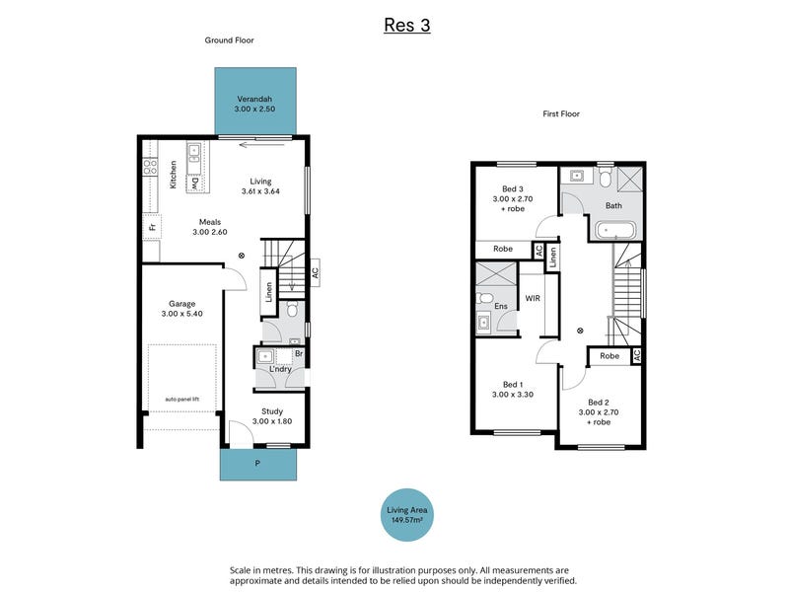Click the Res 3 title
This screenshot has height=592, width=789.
pyautogui.click(x=407, y=25)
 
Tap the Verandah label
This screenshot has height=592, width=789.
pyautogui.click(x=254, y=99)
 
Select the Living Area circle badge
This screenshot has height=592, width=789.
pyautogui.click(x=406, y=514)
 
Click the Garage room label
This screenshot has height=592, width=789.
pyautogui.click(x=182, y=304)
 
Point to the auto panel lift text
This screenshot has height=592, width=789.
pyautogui.click(x=182, y=400)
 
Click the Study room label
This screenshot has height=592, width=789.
pyautogui.click(x=272, y=411)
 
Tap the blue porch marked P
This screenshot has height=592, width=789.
pyautogui.click(x=258, y=464)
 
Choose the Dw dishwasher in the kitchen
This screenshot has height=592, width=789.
pyautogui.click(x=194, y=184)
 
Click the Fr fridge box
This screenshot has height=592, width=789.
pyautogui.click(x=152, y=227)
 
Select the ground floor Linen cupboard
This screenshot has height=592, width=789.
pyautogui.click(x=268, y=292)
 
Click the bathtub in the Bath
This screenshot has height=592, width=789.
pyautogui.click(x=615, y=231)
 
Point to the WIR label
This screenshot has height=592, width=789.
pyautogui.click(x=533, y=298)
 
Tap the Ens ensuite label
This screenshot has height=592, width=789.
pyautogui.click(x=501, y=306)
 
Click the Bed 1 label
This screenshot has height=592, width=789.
pyautogui.click(x=513, y=385)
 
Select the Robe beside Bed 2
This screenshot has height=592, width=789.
pyautogui.click(x=610, y=356)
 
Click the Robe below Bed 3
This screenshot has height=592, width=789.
pyautogui.click(x=503, y=249)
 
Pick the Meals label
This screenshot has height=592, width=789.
pyautogui.click(x=210, y=222)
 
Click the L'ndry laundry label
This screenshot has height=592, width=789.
pyautogui.click(x=280, y=369)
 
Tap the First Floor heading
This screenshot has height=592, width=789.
pyautogui.click(x=561, y=113)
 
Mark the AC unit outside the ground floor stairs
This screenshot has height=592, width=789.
pyautogui.click(x=315, y=272)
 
